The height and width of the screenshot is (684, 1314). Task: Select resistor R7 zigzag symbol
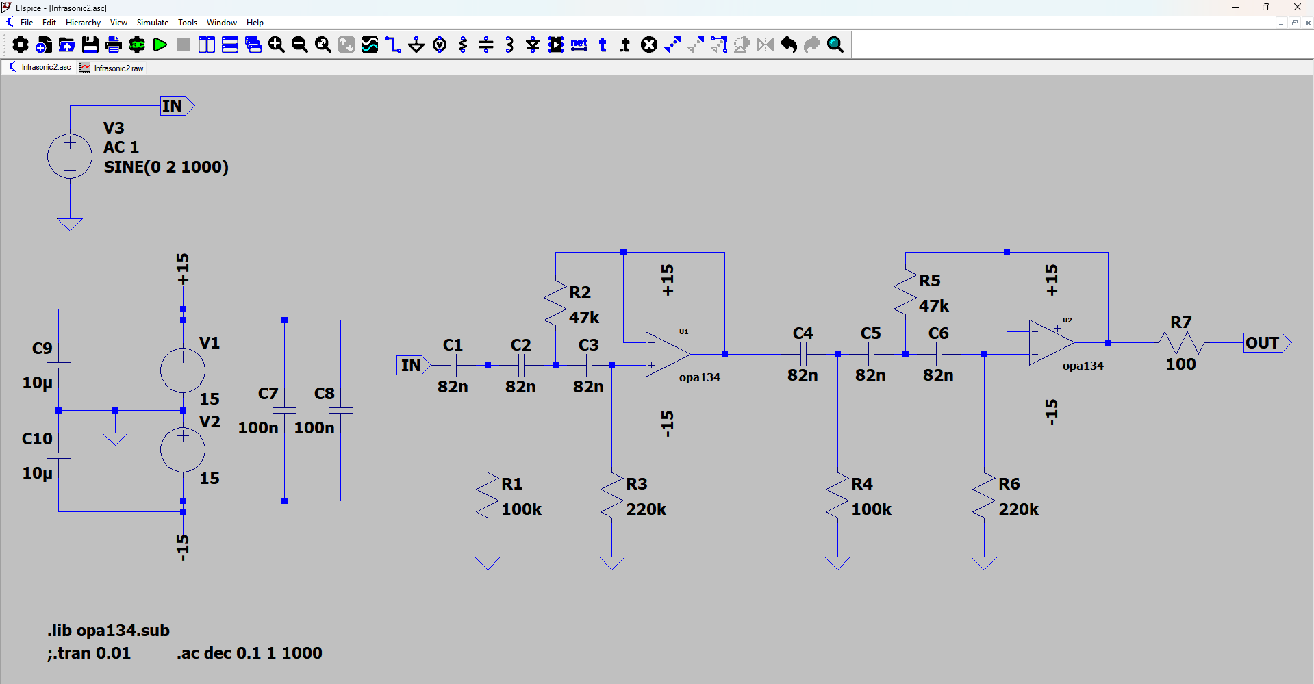[x=1181, y=342]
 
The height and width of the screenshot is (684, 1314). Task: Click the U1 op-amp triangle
[x=666, y=354]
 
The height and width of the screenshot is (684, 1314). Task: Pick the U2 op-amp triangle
[x=1050, y=342]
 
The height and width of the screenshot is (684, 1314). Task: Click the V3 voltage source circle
[x=70, y=156]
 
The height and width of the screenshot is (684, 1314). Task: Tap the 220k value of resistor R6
[x=1018, y=509]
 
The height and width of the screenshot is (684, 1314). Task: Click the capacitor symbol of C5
[x=871, y=354]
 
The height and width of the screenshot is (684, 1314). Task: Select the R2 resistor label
[x=580, y=292]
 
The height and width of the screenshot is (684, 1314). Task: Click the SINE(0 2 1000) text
[x=166, y=167]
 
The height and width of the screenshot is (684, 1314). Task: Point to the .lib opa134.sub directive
[x=109, y=631]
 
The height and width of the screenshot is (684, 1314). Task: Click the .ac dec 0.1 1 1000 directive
[x=249, y=653]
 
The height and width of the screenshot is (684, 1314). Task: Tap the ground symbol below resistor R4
[x=837, y=563]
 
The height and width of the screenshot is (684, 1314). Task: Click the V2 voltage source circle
[x=183, y=450]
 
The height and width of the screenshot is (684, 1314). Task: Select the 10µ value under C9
[x=37, y=383]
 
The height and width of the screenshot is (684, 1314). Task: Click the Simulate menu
[x=152, y=23]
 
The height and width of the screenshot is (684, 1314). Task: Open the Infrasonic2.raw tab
[x=118, y=68]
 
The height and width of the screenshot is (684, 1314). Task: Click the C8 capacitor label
[x=324, y=394]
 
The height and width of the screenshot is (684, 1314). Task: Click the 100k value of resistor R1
[x=521, y=509]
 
